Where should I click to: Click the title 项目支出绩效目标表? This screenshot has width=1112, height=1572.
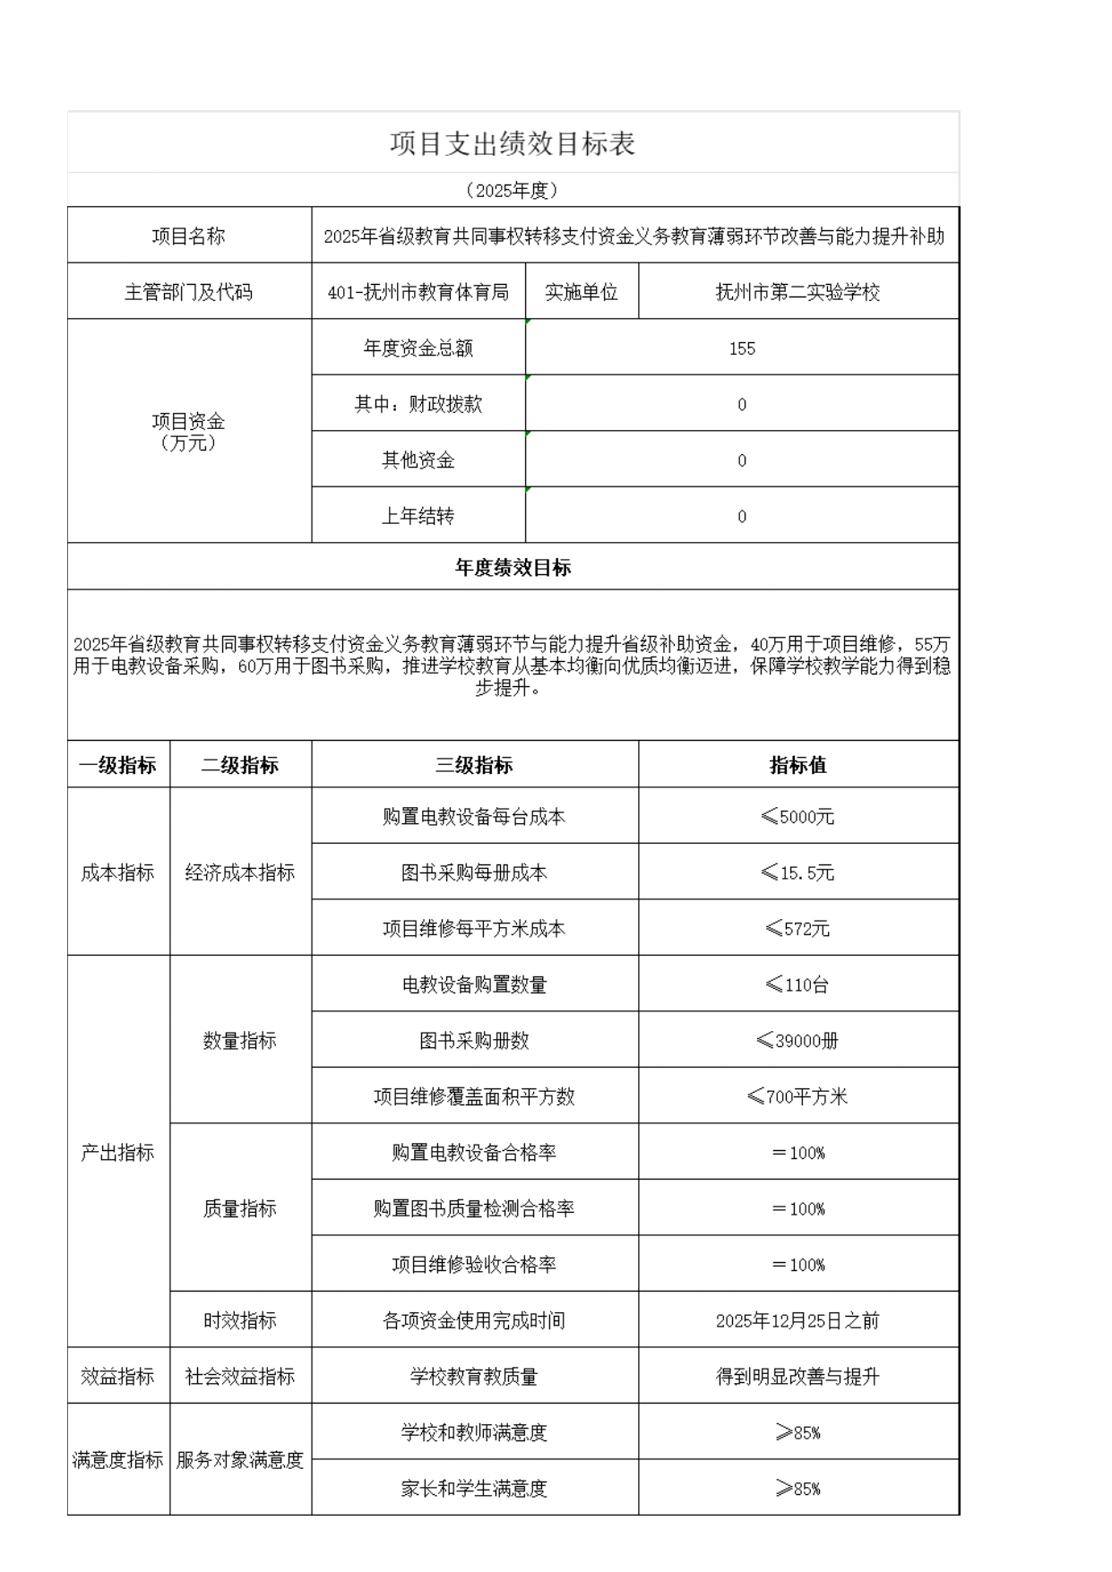click(x=513, y=143)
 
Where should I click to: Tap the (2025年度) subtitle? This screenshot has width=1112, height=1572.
click(x=513, y=190)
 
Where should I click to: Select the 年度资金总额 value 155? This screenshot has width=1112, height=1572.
click(x=742, y=348)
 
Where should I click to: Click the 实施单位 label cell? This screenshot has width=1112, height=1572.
click(x=582, y=292)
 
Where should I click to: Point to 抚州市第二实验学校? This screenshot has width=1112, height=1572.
click(x=797, y=292)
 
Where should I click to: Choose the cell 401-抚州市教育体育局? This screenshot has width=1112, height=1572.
click(x=418, y=292)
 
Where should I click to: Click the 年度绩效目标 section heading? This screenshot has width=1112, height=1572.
click(x=513, y=568)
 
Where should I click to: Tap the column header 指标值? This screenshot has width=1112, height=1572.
click(x=797, y=765)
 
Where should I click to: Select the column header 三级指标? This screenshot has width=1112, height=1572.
click(x=474, y=765)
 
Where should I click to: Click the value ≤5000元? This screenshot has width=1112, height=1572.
click(x=797, y=817)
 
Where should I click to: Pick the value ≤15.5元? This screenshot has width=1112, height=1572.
click(x=797, y=872)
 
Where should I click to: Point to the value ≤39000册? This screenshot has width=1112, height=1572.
click(x=797, y=1041)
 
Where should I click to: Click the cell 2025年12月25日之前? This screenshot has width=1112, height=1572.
click(x=797, y=1320)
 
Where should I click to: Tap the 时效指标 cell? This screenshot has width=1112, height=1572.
click(x=240, y=1320)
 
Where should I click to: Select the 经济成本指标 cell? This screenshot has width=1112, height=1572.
click(x=240, y=872)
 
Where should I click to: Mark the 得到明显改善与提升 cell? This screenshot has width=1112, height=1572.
click(x=797, y=1377)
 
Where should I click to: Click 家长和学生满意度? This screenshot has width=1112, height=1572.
click(x=474, y=1489)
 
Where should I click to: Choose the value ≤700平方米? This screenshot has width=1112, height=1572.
click(x=797, y=1096)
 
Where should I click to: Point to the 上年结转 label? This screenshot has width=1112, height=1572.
click(x=418, y=516)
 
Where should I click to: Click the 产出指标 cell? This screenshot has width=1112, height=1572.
click(x=118, y=1153)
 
